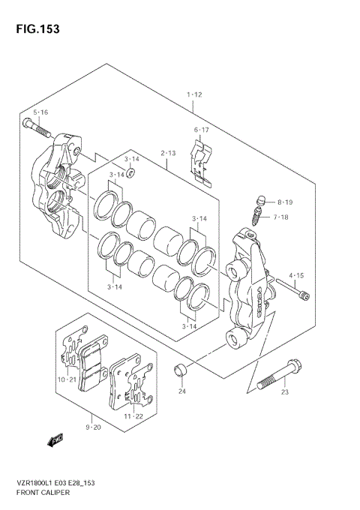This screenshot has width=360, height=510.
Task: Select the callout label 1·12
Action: coord(194,95)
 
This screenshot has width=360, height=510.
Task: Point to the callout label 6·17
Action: coord(202,130)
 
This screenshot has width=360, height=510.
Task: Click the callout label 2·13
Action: coord(169,153)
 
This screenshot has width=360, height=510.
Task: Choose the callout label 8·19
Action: coord(285,202)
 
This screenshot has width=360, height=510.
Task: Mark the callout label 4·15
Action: coord(295,275)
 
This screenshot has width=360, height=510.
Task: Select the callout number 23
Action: coord(285,391)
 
